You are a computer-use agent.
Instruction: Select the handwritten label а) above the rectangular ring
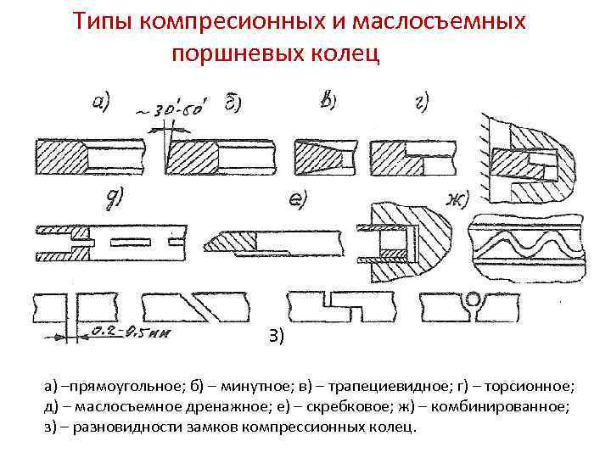[x=99, y=103]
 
